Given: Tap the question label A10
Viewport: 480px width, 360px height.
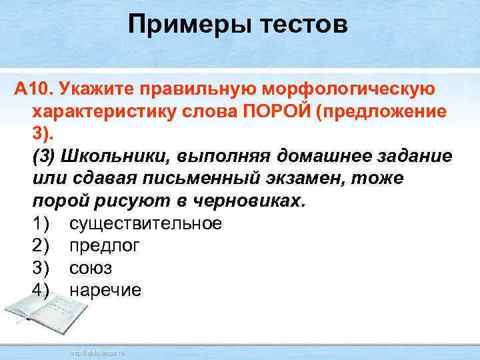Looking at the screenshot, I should [x=33, y=89].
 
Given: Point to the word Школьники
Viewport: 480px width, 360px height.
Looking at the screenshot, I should [x=109, y=156].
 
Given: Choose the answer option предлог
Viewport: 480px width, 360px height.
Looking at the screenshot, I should [x=105, y=246].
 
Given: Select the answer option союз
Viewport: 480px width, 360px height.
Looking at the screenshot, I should [x=91, y=269].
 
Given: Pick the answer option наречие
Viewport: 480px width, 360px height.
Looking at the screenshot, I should [x=105, y=291].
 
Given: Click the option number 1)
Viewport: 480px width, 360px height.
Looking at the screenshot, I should [x=41, y=223].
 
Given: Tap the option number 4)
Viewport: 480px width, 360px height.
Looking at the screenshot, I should [x=41, y=291].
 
